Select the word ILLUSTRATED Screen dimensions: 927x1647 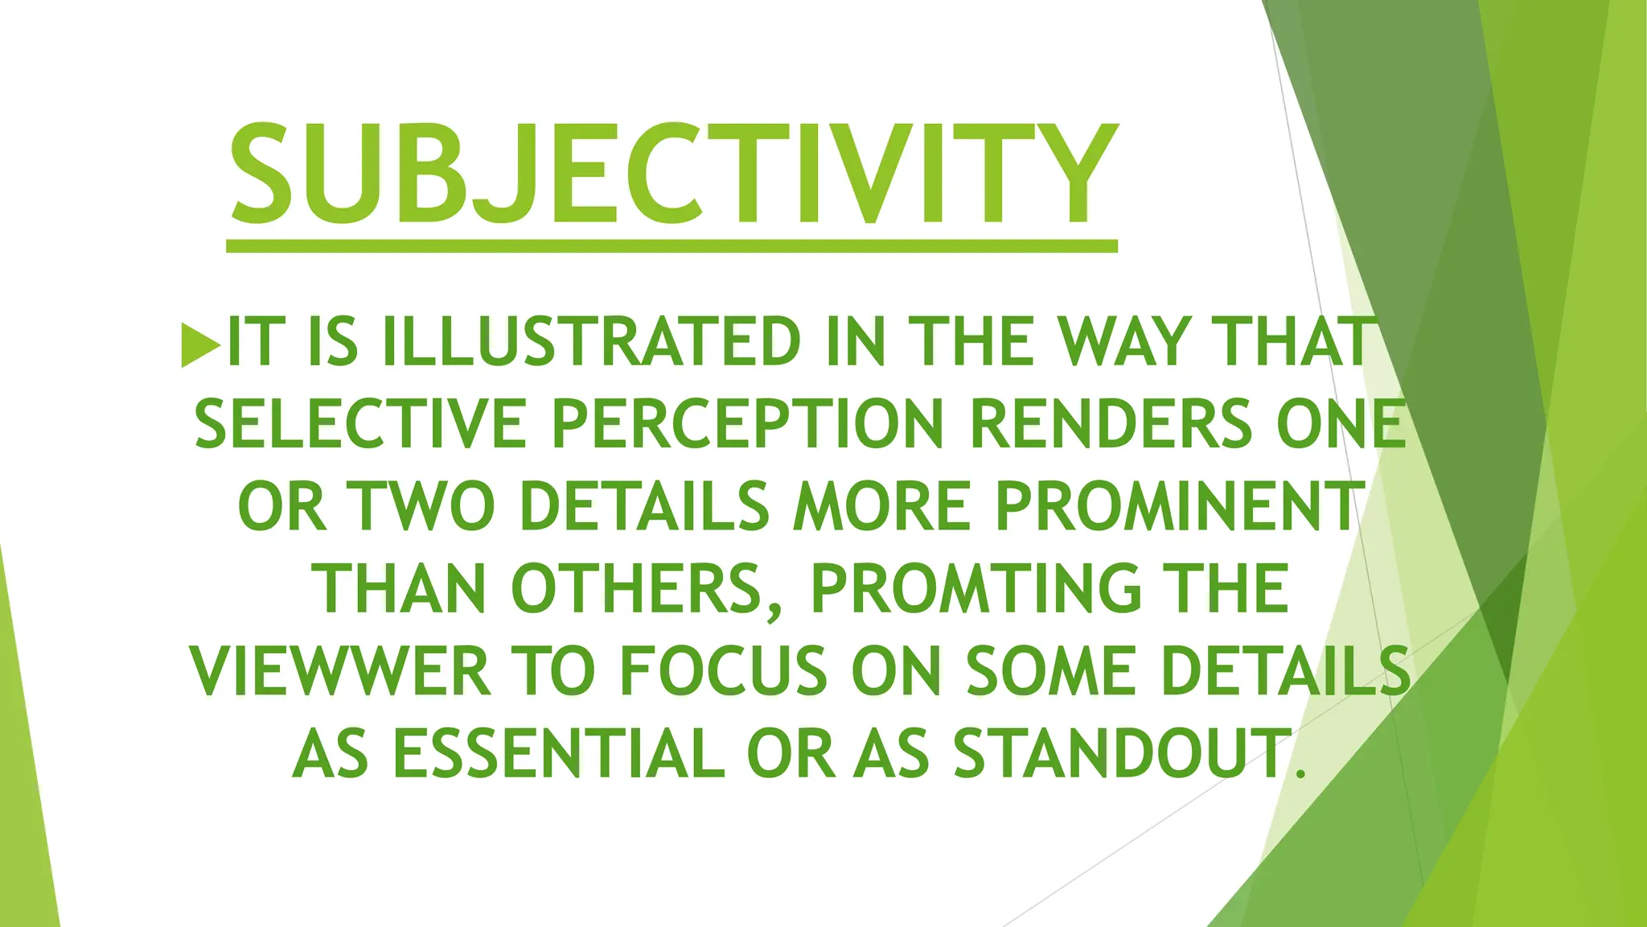(x=591, y=343)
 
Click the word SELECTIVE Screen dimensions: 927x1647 (x=360, y=425)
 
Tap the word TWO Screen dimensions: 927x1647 (x=425, y=507)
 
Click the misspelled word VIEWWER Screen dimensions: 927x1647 (x=341, y=671)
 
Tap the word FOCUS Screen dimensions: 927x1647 (x=722, y=671)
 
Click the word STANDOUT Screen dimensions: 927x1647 (x=1121, y=753)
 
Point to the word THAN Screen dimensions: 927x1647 (x=404, y=589)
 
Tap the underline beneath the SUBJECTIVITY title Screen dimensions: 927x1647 (x=672, y=246)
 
